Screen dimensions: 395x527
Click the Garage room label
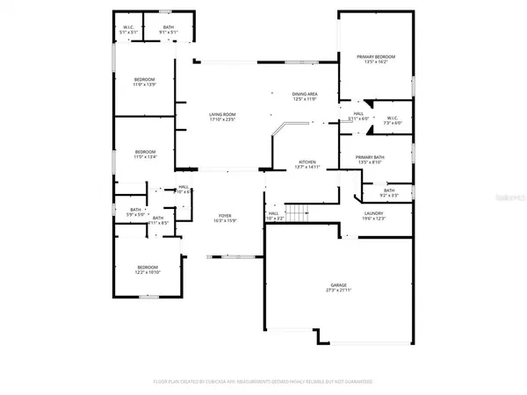[339, 284]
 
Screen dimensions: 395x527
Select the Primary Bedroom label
[376, 57]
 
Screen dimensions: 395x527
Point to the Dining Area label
[305, 93]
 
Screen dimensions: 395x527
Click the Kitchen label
[307, 162]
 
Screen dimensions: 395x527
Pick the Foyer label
[225, 215]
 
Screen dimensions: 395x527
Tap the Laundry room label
[375, 213]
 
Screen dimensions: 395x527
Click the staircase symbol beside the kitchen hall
[301, 212]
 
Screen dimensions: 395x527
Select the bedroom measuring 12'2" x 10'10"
[147, 267]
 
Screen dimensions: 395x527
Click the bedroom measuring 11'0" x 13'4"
[145, 152]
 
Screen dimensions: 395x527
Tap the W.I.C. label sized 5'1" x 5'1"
[128, 27]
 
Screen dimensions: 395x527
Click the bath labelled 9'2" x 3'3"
[389, 195]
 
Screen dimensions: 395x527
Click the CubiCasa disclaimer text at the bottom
[263, 382]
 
